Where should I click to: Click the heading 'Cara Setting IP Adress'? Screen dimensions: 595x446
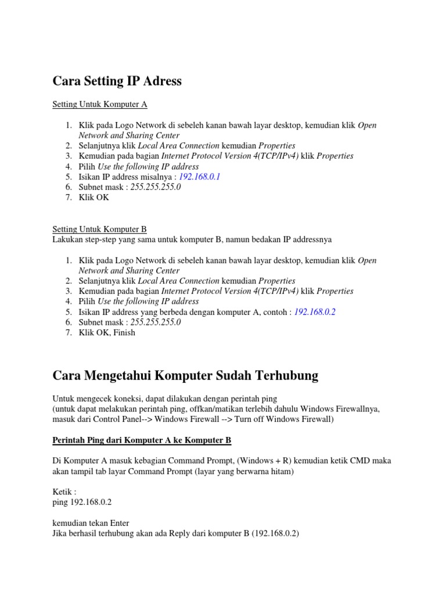click(x=117, y=81)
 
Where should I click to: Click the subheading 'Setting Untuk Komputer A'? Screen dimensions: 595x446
click(x=100, y=105)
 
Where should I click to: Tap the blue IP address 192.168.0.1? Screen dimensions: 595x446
click(x=200, y=177)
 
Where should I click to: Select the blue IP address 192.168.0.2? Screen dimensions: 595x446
click(x=315, y=312)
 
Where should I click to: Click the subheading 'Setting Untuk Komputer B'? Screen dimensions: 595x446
click(x=100, y=230)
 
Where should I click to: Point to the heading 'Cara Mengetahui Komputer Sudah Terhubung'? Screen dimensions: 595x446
click(x=185, y=376)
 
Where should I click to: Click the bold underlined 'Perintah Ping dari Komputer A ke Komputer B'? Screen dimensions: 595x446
click(x=142, y=440)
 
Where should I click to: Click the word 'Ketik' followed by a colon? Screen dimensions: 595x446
click(x=63, y=492)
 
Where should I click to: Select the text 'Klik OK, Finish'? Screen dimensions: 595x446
click(x=107, y=333)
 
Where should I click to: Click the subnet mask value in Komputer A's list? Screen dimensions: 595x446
click(x=156, y=187)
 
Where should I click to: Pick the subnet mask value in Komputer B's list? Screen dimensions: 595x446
click(x=156, y=322)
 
